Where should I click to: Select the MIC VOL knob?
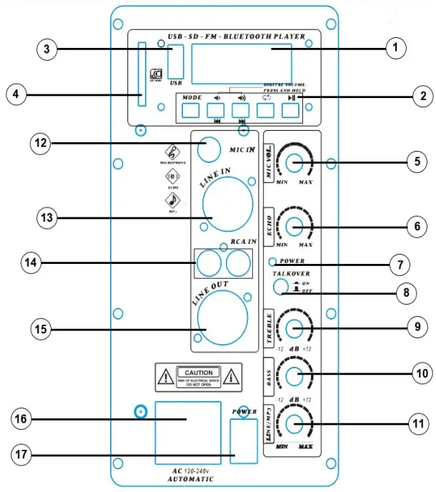[x=294, y=163]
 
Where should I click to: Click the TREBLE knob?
[x=294, y=328]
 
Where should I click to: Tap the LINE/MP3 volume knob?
[x=294, y=424]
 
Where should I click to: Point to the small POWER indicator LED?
[x=272, y=262]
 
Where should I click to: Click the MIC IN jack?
[x=209, y=150]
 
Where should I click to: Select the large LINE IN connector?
[x=227, y=200]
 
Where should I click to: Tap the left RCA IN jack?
[x=209, y=265]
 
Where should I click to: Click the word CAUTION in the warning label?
[x=198, y=373]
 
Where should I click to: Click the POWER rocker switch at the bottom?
[x=244, y=443]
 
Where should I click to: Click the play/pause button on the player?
[x=289, y=111]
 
